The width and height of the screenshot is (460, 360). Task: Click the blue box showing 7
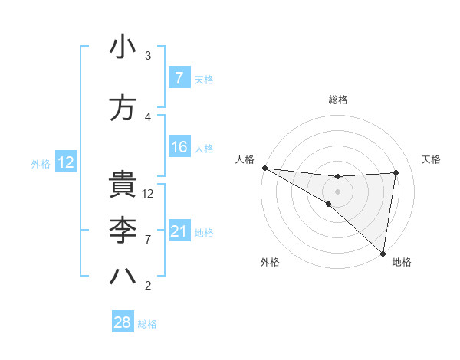pos(179,78)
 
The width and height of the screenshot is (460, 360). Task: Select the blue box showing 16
pos(179,147)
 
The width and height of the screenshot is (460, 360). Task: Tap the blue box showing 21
pos(179,231)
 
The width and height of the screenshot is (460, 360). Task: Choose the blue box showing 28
pos(122,322)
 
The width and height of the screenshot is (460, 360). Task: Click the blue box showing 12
pos(65,162)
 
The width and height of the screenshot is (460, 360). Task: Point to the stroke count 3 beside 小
pos(148,56)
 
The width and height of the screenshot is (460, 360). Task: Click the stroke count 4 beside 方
pos(148,116)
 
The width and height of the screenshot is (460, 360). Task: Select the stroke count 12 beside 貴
pos(148,194)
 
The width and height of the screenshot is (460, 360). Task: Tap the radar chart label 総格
pos(338,100)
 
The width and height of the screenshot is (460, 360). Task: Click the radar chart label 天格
pos(431,159)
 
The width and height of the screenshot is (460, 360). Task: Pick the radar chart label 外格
pos(270,263)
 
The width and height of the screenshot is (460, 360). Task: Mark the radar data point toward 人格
pos(264,168)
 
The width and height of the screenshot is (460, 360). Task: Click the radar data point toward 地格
pos(383,253)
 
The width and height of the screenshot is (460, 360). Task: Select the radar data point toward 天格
pos(396,172)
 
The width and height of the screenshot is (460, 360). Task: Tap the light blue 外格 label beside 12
pos(40,163)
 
